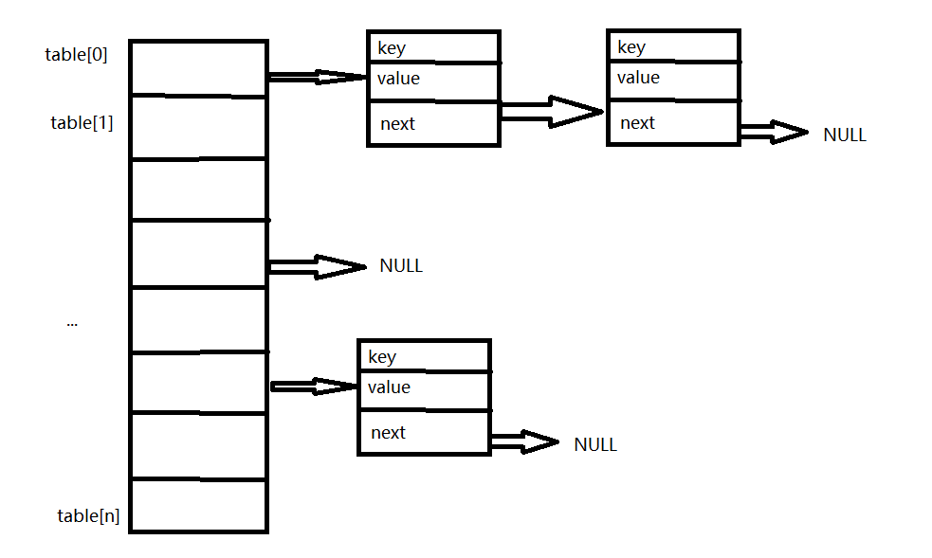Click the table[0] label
(x=76, y=55)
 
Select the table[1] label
(x=82, y=122)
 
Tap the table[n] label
(x=88, y=516)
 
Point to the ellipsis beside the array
(x=72, y=323)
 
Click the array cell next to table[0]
(x=198, y=68)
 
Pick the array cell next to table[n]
(x=198, y=505)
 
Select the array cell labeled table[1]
(x=198, y=127)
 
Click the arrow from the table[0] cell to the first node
(x=317, y=77)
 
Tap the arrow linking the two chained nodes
(x=551, y=112)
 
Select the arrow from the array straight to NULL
(x=317, y=266)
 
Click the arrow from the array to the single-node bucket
(x=313, y=386)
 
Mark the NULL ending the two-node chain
(x=844, y=135)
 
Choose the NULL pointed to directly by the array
(x=401, y=266)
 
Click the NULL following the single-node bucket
(x=595, y=444)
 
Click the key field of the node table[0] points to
(x=433, y=48)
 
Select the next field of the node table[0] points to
(x=433, y=123)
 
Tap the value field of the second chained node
(x=672, y=78)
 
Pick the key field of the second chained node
(x=672, y=47)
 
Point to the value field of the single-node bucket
(x=424, y=387)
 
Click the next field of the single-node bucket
(x=424, y=433)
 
